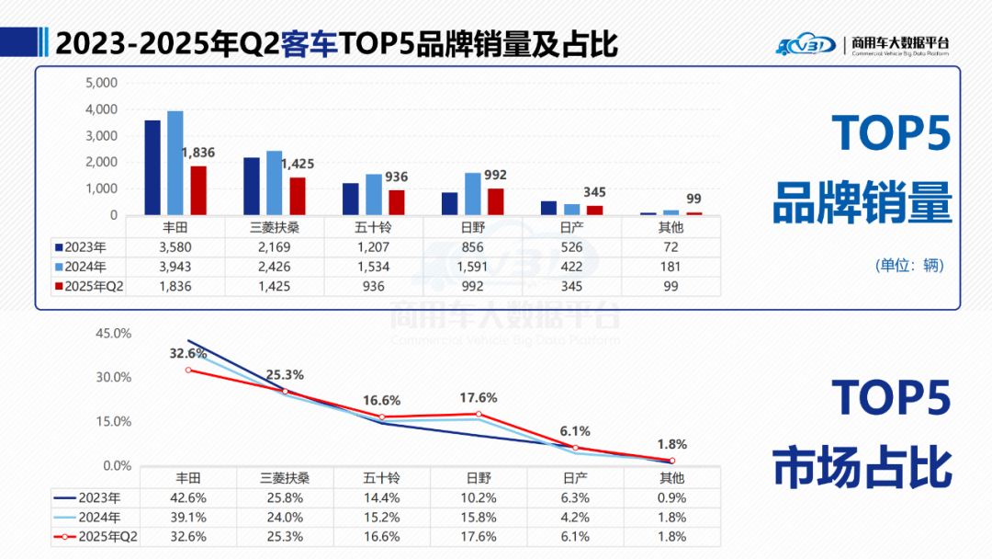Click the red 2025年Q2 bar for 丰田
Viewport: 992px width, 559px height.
(x=198, y=190)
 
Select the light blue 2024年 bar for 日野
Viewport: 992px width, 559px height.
(x=472, y=194)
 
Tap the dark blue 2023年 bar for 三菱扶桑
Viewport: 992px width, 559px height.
(x=252, y=186)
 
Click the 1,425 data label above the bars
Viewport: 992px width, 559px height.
(x=297, y=165)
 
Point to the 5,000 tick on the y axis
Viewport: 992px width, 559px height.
(x=101, y=83)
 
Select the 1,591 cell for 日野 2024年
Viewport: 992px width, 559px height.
(x=472, y=267)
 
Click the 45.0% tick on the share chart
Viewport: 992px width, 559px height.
(x=116, y=333)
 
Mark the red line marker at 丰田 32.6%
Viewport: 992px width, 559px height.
(x=189, y=370)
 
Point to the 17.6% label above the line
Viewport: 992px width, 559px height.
(x=478, y=398)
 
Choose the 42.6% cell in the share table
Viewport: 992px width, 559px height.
(x=188, y=497)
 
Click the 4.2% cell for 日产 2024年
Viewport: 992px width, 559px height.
(x=573, y=517)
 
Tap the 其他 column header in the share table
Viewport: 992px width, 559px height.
(x=671, y=478)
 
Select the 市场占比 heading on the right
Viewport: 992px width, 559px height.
(x=862, y=467)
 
